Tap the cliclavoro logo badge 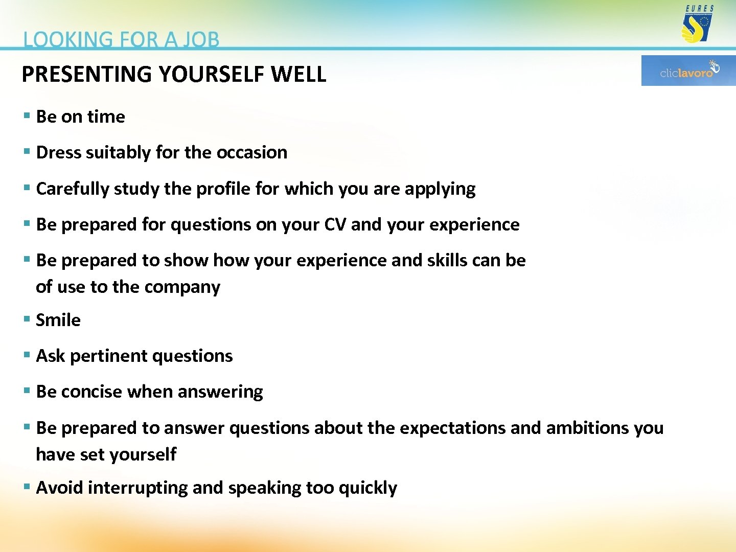[x=688, y=71]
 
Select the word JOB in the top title [x=201, y=40]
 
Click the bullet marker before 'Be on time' [x=27, y=116]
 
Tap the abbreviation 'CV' [x=335, y=224]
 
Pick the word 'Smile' [x=58, y=320]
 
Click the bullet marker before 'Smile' [x=27, y=319]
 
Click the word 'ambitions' [x=587, y=428]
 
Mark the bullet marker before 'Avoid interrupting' [x=27, y=487]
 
